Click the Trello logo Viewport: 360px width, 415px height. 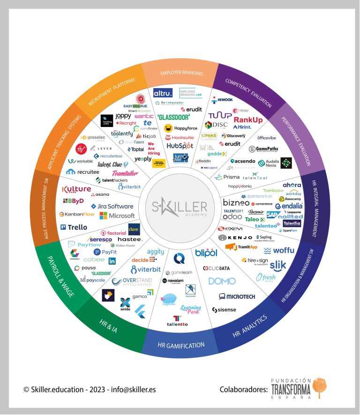point(74,227)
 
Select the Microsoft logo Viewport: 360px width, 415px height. point(117,215)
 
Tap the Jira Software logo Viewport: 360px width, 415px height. point(112,206)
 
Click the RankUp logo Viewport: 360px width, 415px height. point(248,120)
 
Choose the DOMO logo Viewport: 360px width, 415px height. point(222,281)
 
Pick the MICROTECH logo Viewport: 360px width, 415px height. point(237,296)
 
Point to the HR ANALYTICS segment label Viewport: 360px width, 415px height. point(250,326)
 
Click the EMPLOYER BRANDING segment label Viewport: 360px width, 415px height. point(181,73)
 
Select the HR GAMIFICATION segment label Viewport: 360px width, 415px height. point(181,345)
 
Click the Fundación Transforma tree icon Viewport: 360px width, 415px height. point(320,387)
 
